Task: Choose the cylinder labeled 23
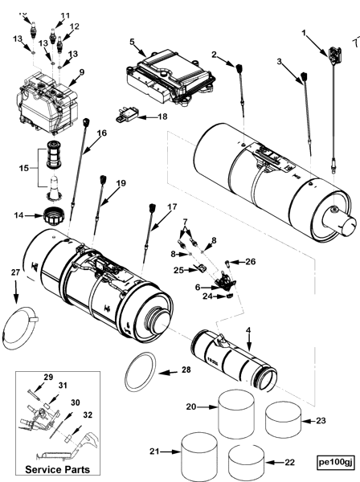(282, 419)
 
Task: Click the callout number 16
(101, 133)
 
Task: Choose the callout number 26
(249, 261)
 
